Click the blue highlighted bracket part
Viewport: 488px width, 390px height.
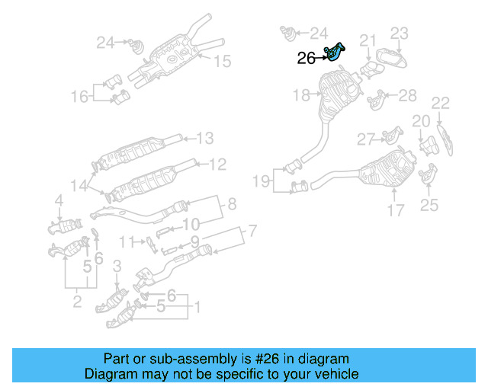pos(334,53)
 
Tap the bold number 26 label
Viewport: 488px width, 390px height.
pos(307,57)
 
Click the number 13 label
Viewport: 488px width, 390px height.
pos(204,138)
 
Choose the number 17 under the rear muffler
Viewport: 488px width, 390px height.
pos(394,210)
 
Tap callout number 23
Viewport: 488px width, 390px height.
pos(400,33)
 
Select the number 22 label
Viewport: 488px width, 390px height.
pos(441,103)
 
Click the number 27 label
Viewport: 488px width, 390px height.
pos(366,139)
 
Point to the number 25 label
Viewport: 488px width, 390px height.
pos(429,204)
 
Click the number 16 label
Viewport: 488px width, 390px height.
pos(79,96)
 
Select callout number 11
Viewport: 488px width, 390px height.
pos(127,241)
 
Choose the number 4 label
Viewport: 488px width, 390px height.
pos(58,200)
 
